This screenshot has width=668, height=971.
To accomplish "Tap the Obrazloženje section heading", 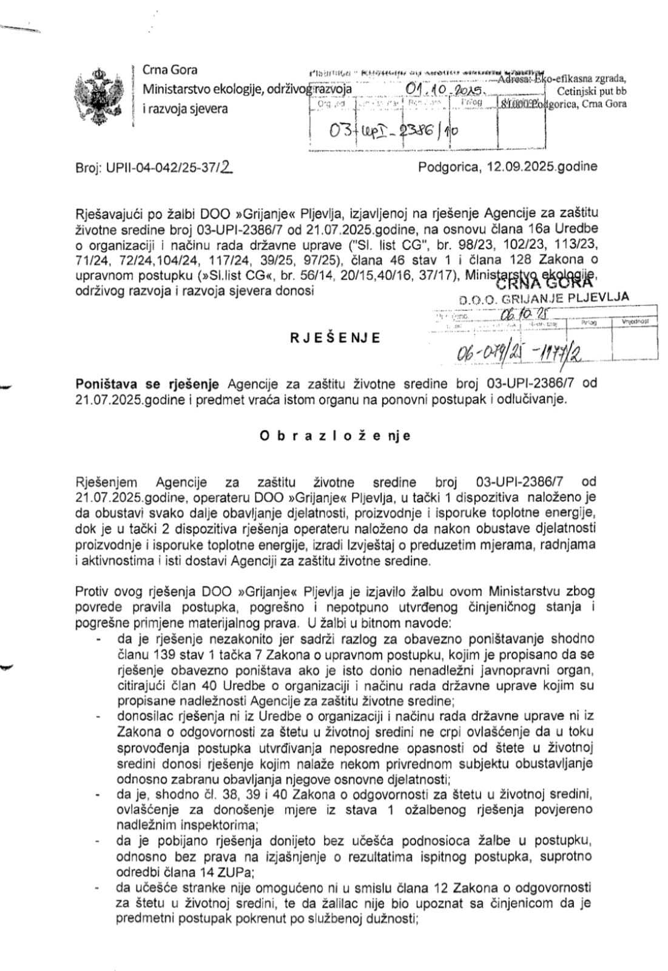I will [335, 436].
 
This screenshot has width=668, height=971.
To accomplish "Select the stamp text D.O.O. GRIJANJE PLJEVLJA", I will [544, 297].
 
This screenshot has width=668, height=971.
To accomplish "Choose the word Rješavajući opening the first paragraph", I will [108, 213].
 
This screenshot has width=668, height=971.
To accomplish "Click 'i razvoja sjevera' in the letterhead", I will [185, 109].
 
